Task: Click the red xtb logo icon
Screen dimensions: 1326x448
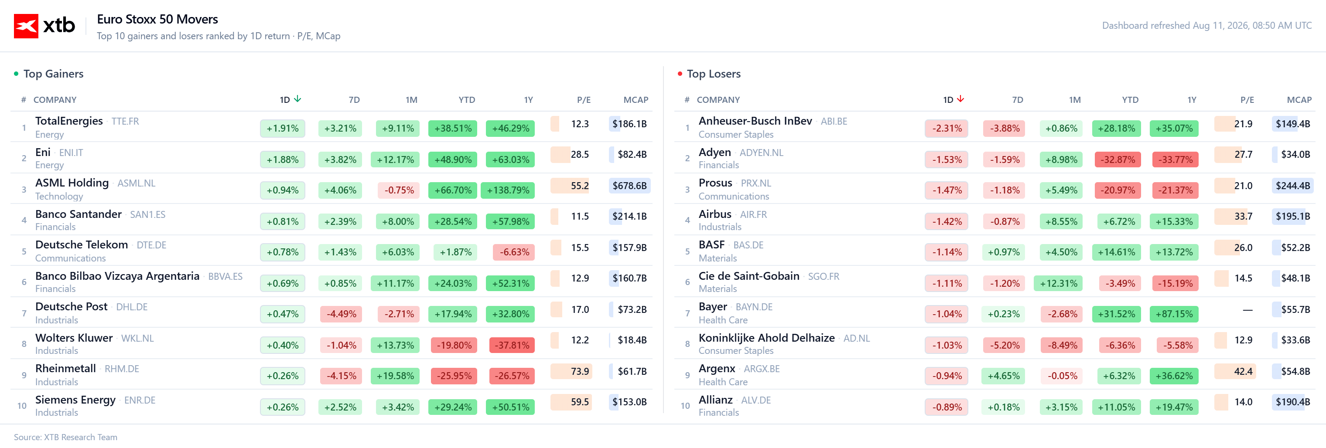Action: click(26, 26)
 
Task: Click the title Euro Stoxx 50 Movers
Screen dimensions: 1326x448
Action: click(157, 20)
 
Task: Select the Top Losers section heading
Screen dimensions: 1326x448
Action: click(714, 74)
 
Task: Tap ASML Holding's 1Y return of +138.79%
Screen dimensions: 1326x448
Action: click(508, 190)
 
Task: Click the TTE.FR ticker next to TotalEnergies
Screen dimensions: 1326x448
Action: click(125, 122)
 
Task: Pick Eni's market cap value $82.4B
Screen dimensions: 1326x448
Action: click(632, 154)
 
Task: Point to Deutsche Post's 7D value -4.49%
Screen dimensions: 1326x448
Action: click(341, 314)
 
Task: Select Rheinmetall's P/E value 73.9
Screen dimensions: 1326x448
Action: click(580, 371)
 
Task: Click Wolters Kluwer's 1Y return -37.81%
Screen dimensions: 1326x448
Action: click(512, 345)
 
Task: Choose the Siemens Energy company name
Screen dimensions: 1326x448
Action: click(75, 400)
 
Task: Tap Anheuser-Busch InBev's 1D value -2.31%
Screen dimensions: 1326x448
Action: click(947, 129)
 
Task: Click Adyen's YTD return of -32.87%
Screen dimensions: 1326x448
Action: click(1118, 160)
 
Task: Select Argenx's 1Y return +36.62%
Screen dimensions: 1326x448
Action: click(1174, 376)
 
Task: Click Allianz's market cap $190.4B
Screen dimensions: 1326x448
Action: click(1292, 402)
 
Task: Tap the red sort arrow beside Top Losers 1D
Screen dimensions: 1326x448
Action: click(960, 99)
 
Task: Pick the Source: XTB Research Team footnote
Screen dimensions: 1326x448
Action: click(65, 437)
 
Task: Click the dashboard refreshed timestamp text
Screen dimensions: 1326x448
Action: click(1206, 26)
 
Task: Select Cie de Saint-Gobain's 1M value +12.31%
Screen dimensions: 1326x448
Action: click(1058, 283)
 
